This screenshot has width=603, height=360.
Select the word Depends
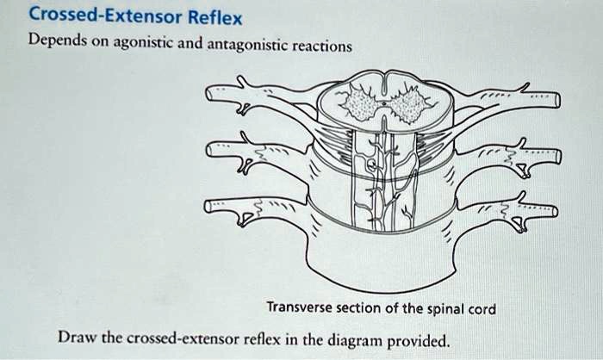tap(59, 42)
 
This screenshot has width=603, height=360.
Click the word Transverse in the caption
tap(298, 307)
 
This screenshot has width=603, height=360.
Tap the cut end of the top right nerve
tap(556, 102)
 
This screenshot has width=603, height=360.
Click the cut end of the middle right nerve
tap(556, 156)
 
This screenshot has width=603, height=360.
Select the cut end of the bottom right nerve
tap(554, 210)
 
